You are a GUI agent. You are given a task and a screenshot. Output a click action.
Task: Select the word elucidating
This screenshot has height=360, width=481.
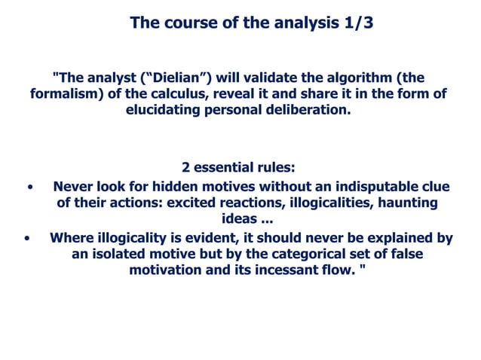(x=167, y=110)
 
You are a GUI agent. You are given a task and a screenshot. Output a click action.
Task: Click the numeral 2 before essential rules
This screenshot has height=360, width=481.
(x=186, y=167)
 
